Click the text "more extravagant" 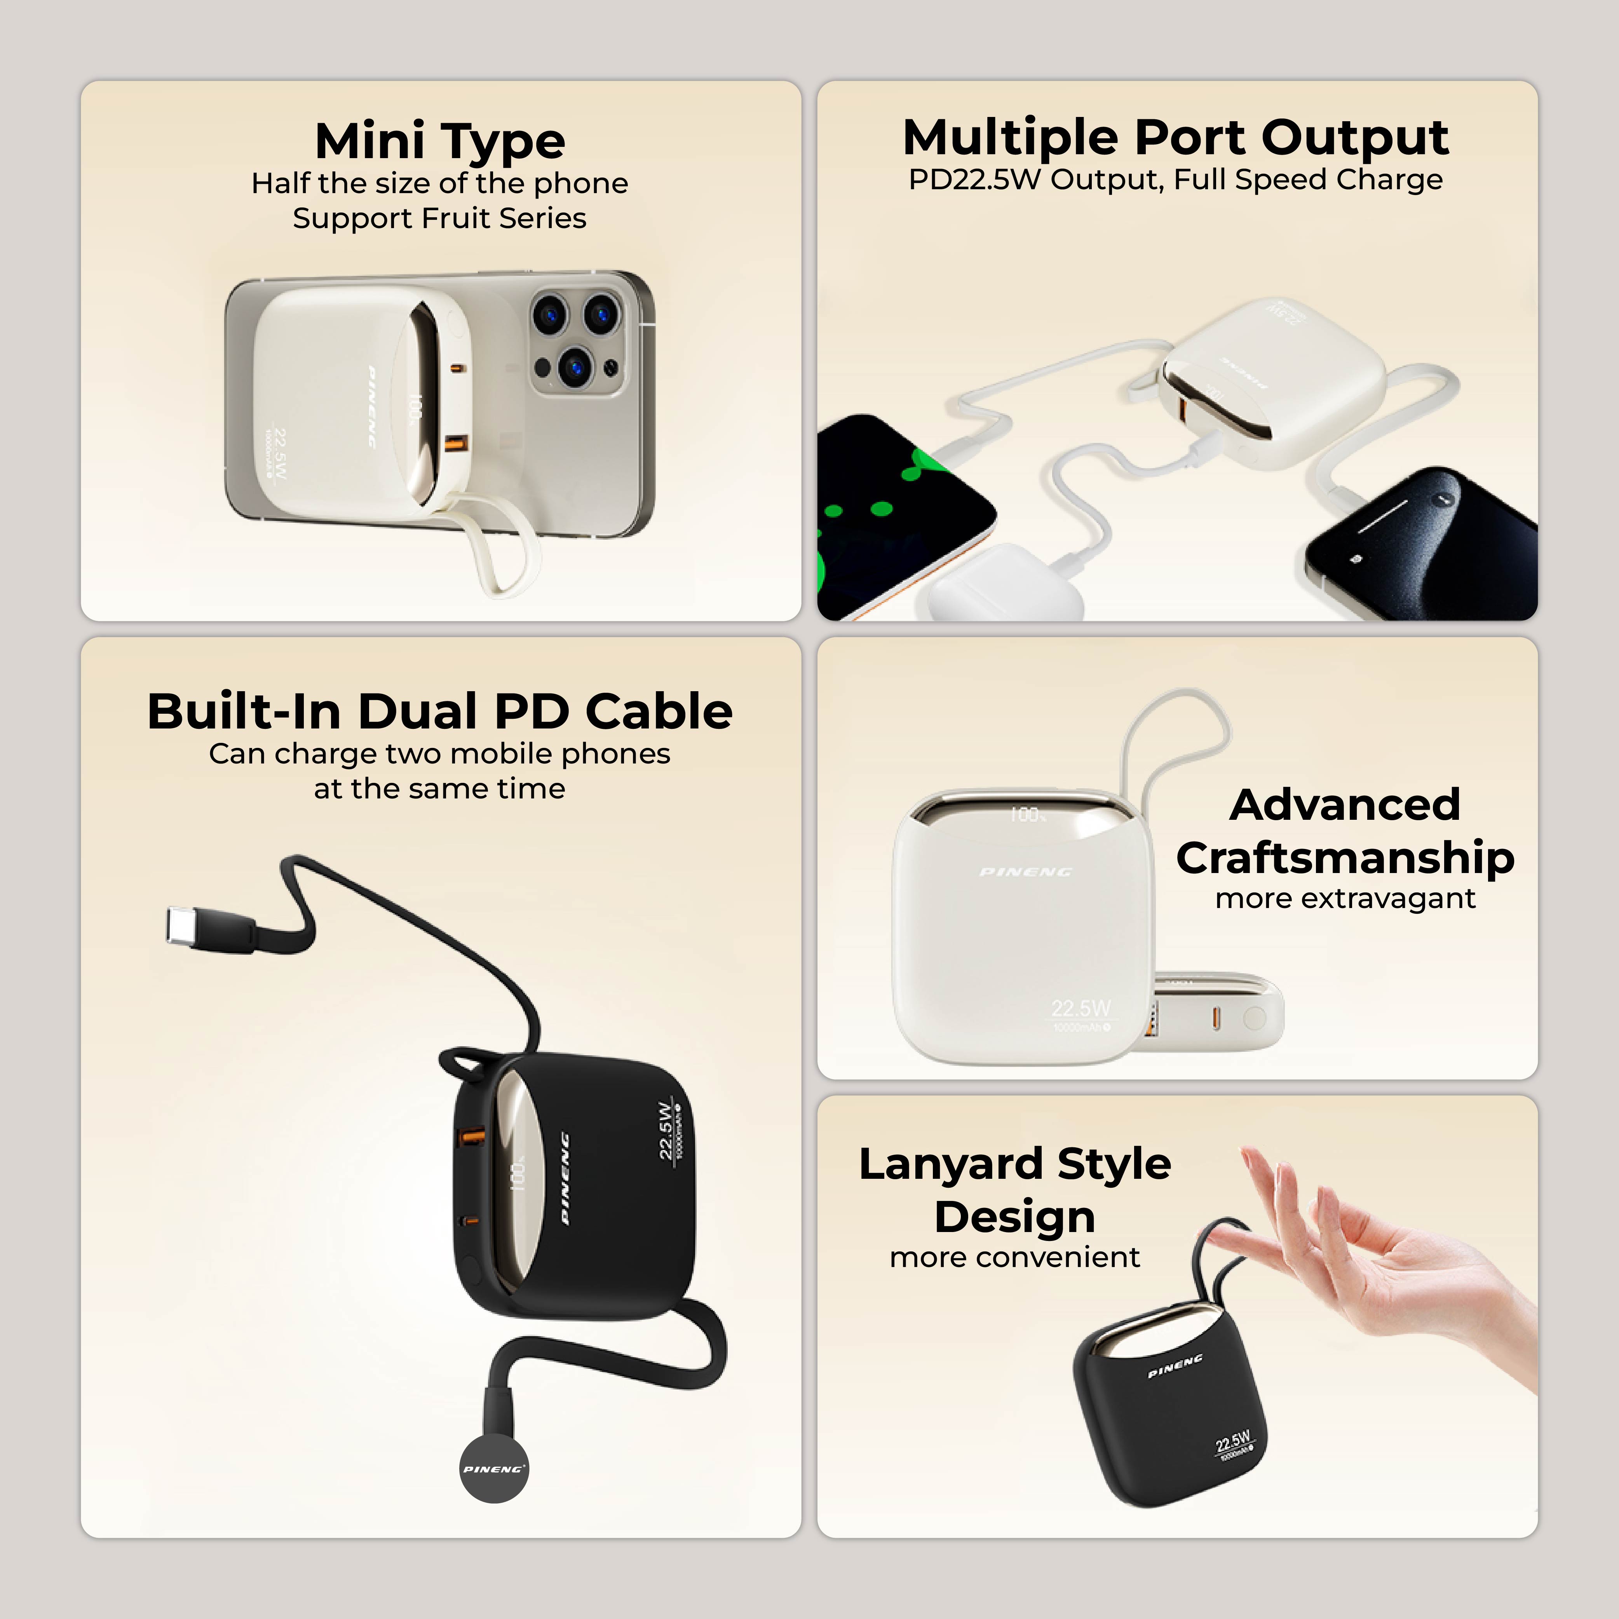click(x=1345, y=898)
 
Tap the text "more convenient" click(x=1015, y=1257)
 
